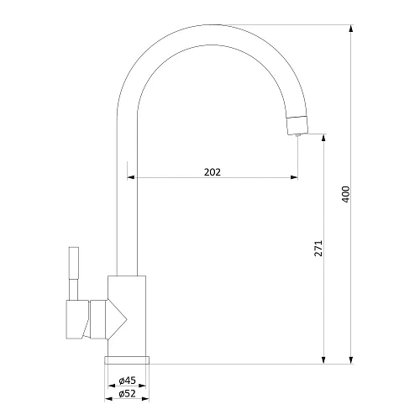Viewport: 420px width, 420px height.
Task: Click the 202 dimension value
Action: coord(213,172)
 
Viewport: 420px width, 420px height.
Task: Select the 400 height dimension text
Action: coord(346,194)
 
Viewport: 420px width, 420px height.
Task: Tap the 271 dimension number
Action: coord(318,248)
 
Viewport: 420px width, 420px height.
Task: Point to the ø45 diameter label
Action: coord(127,381)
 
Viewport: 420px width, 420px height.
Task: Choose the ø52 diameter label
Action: coord(127,393)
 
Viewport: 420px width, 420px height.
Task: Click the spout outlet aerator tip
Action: coord(297,125)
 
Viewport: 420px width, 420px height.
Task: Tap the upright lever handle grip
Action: coord(74,263)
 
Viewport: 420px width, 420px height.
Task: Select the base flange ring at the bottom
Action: coord(127,360)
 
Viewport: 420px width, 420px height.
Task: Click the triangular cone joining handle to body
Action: coord(117,319)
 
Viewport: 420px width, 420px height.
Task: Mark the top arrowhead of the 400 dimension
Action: coord(351,29)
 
